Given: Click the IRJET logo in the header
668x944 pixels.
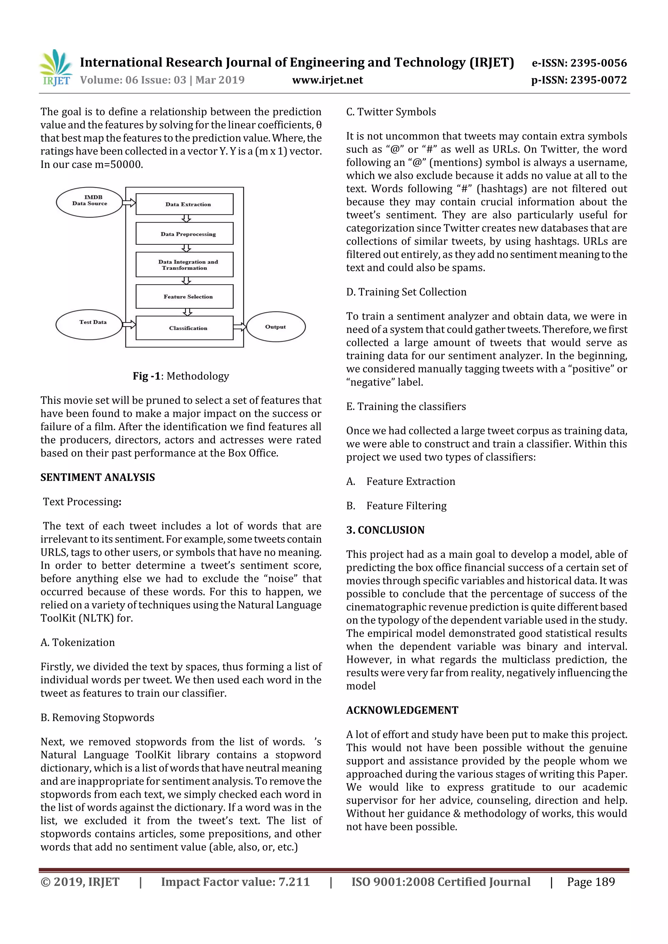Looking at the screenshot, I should point(55,68).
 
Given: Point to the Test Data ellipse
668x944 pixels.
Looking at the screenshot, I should point(89,325).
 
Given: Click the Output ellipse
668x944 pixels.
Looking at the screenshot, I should point(276,327).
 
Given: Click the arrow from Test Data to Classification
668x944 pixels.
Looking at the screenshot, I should point(129,325).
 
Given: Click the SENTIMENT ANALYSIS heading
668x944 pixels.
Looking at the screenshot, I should point(98,477).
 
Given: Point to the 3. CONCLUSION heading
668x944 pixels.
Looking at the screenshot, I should point(385,530).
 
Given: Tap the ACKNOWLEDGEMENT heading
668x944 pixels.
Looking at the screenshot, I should point(402,710).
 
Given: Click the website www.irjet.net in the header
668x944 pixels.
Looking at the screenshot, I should point(327,80).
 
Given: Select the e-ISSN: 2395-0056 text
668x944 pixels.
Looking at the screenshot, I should point(579,63).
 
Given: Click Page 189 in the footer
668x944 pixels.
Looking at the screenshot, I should point(591,882).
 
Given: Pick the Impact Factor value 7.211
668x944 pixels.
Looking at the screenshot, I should point(235,882).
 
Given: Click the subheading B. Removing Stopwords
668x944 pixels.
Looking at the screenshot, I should point(98,718).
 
